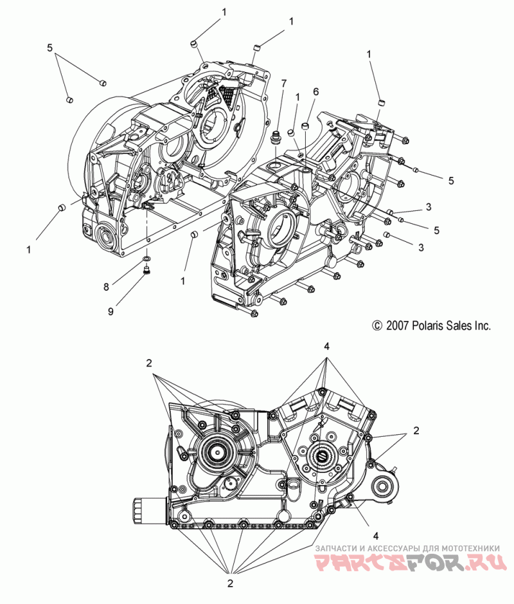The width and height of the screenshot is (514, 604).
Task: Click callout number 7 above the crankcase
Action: click(x=283, y=84)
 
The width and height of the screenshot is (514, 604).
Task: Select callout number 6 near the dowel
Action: click(x=315, y=92)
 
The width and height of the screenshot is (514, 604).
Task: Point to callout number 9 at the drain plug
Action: click(x=111, y=311)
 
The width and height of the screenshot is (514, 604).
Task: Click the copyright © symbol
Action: click(x=377, y=326)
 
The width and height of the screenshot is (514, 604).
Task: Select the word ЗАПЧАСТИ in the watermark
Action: click(x=337, y=547)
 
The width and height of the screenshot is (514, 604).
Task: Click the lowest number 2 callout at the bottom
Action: click(x=230, y=583)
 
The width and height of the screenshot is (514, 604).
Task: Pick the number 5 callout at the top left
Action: click(x=49, y=48)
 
